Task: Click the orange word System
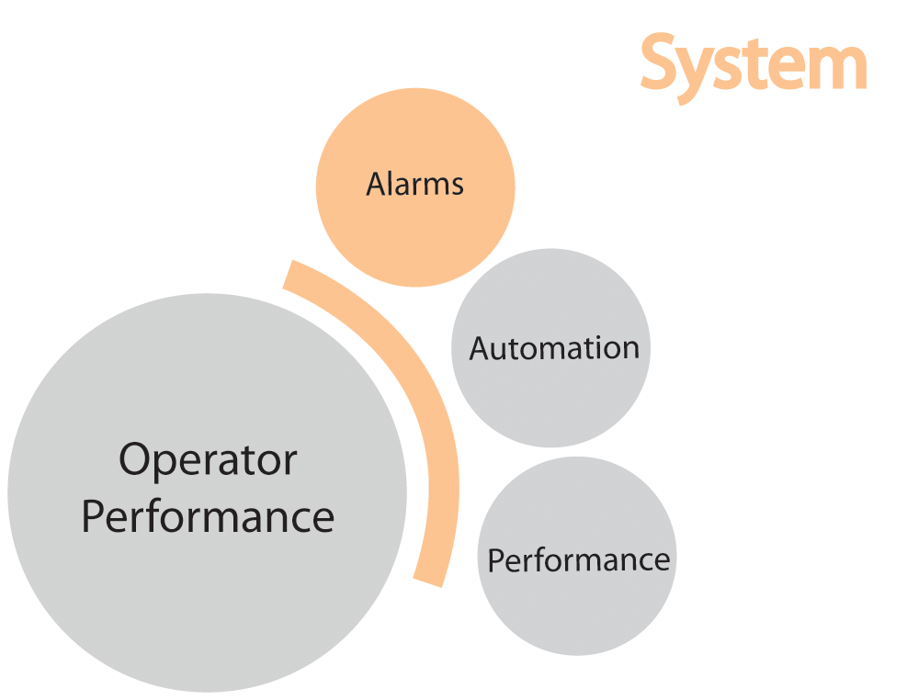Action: (x=753, y=64)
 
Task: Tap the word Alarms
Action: (x=414, y=185)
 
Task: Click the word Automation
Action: (x=554, y=348)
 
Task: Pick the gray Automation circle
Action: (x=550, y=404)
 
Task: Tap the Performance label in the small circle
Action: (x=578, y=559)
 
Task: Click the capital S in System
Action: (x=662, y=62)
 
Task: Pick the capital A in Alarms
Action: (x=376, y=185)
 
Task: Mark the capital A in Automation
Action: (x=481, y=348)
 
